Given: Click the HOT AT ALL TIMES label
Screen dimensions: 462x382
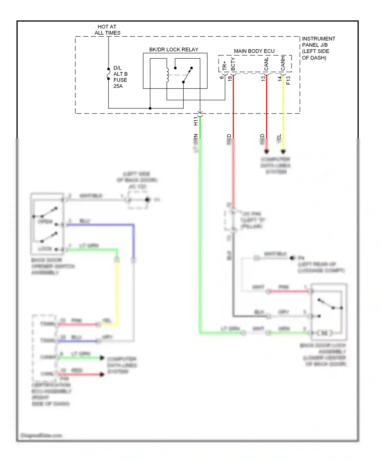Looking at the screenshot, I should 107,30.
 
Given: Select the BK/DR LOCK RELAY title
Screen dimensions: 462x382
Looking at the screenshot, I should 174,50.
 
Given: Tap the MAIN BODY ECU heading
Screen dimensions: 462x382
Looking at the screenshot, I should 254,51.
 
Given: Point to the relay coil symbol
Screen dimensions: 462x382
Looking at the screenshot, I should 167,75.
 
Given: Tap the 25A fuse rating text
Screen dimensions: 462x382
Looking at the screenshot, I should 118,86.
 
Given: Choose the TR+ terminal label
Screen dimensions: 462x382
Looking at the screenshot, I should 224,66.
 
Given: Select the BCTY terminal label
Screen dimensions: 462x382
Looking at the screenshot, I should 233,64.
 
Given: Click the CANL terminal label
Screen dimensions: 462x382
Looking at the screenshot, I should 266,64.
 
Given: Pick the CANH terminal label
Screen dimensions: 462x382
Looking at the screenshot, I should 283,63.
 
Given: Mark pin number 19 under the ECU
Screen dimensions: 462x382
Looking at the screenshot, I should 230,79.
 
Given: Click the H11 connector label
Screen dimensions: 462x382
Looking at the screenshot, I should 196,121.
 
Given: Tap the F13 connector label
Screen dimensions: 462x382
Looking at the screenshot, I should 288,80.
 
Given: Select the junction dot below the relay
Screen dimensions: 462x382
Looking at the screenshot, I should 150,108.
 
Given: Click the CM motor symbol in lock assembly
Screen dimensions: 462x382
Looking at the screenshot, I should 324,333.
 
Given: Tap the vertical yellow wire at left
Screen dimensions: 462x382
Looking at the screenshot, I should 117,293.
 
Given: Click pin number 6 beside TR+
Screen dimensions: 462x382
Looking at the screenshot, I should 221,77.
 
